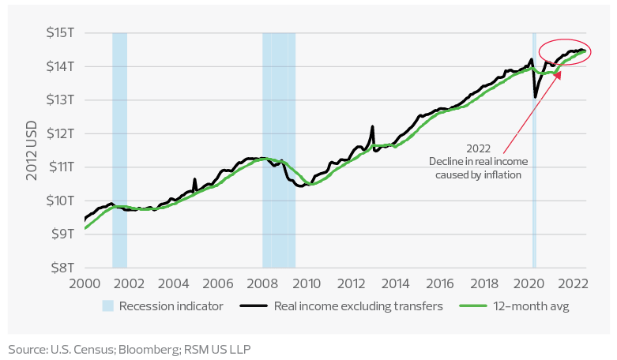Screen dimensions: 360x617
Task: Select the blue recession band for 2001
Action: click(119, 150)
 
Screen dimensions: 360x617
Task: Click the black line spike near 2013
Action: click(373, 128)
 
